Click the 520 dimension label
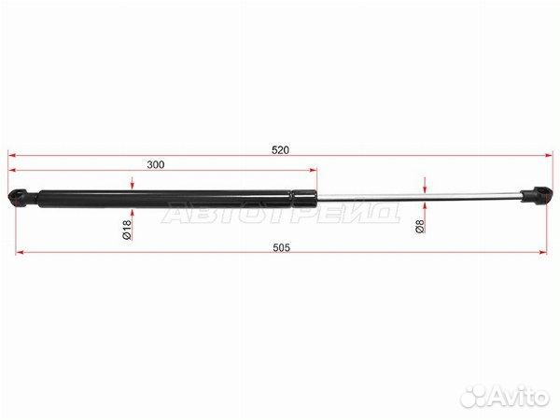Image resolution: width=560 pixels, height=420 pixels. tap(280, 150)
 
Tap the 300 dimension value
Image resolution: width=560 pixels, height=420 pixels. tap(156, 164)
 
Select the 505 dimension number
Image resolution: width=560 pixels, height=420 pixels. tap(282, 247)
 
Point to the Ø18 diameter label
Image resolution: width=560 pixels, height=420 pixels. tap(127, 230)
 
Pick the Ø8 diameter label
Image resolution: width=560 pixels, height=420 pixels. tap(420, 226)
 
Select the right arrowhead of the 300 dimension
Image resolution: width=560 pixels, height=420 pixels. tap(313, 170)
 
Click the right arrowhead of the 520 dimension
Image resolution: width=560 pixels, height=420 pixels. tap(548, 155)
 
